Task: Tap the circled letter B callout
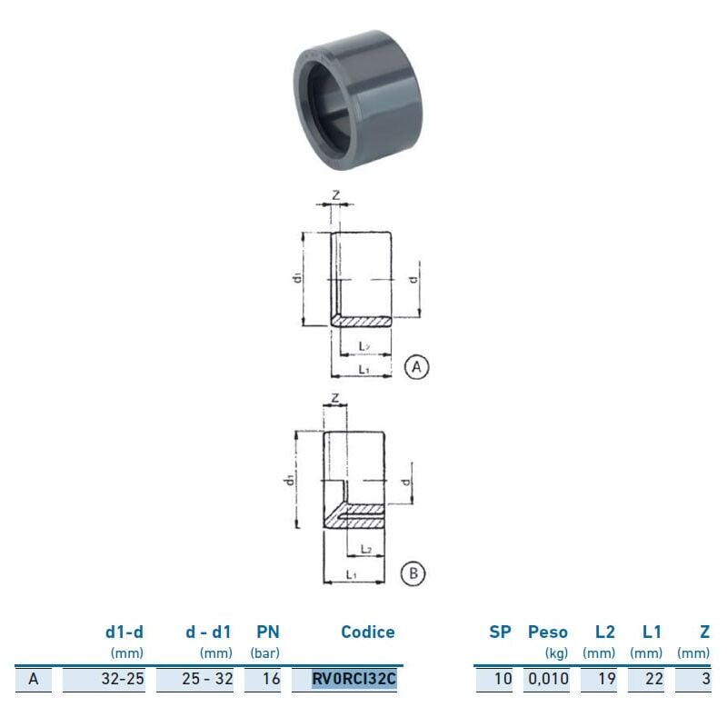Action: [413, 573]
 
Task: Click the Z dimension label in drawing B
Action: [334, 398]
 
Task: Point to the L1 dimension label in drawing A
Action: [363, 370]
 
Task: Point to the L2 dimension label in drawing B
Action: [365, 549]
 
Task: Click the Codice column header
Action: [367, 632]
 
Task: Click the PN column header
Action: [267, 632]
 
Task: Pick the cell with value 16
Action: [272, 678]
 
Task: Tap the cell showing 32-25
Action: [123, 678]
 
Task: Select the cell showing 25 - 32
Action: [209, 678]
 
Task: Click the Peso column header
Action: [548, 632]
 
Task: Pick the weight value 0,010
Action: [547, 678]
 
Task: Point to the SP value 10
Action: [503, 678]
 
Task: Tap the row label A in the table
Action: [34, 678]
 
